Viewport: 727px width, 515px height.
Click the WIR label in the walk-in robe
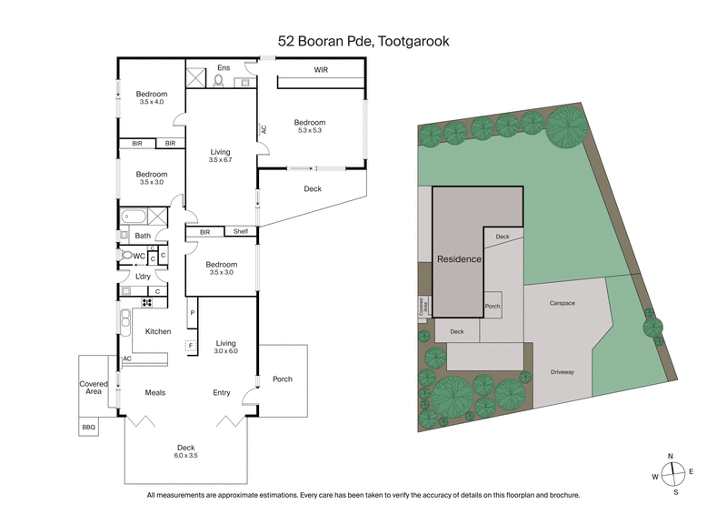pos(321,69)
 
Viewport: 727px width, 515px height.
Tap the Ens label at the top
pos(224,67)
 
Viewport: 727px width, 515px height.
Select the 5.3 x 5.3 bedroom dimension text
pos(310,131)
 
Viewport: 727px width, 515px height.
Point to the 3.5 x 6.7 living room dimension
pos(220,160)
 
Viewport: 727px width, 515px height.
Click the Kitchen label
pos(158,331)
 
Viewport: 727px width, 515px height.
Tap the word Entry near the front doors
pos(222,393)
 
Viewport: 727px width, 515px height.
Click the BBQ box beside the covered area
pos(88,426)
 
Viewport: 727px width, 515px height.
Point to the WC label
pos(139,257)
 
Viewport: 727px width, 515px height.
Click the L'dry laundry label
pos(142,276)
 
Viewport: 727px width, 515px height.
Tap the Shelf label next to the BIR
pos(240,231)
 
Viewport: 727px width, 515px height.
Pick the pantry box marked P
pos(193,314)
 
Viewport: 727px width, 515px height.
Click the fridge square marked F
pos(191,345)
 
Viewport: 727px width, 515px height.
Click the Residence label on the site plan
pos(459,259)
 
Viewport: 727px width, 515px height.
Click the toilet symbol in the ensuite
pos(218,80)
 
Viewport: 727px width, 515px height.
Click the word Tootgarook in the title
pos(414,41)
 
